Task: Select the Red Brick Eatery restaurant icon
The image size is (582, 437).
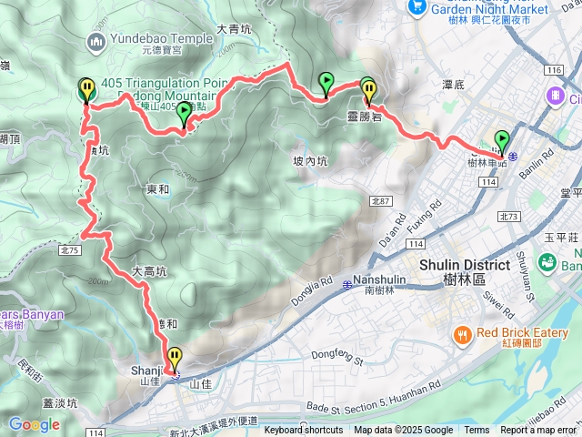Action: pos(463,335)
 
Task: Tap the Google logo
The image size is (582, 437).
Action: pos(34,424)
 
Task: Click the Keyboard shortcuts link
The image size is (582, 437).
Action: pos(304,431)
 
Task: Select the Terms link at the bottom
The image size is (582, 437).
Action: pos(477,431)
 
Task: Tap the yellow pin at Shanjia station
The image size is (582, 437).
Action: pos(174,358)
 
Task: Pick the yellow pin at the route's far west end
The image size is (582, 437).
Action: pos(86,89)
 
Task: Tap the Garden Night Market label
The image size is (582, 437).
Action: pos(491,9)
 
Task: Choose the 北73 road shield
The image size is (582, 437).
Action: pos(508,216)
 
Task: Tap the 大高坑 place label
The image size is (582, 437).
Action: pos(149,271)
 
